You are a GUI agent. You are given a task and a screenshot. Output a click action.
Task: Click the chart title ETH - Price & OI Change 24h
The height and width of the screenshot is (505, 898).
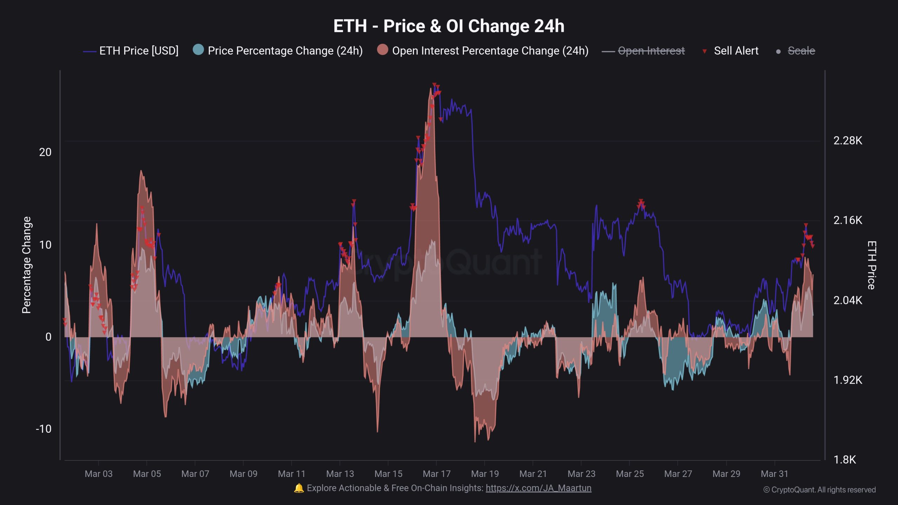coord(449,26)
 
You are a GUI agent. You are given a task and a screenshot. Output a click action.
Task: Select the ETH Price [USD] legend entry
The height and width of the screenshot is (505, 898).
coord(139,51)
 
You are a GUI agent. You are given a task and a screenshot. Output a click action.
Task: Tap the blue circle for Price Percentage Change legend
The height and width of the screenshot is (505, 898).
coord(198,50)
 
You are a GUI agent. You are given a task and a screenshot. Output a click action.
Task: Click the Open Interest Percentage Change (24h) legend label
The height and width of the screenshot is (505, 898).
coord(490,51)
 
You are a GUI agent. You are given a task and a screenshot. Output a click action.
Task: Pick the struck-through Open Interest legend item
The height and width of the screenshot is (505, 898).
coord(651,51)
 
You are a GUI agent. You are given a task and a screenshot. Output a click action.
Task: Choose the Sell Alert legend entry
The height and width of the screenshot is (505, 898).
coord(736,51)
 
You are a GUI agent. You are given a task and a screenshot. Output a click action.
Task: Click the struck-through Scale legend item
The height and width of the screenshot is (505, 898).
coord(801,51)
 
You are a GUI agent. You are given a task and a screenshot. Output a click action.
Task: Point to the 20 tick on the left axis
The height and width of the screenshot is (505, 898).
coord(45,152)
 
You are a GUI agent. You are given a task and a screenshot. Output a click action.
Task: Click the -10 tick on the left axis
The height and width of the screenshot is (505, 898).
coord(43,429)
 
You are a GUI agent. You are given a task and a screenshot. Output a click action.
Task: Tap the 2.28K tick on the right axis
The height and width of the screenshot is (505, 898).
coord(847,141)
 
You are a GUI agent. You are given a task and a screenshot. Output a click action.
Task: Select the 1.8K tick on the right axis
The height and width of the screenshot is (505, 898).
coord(844,460)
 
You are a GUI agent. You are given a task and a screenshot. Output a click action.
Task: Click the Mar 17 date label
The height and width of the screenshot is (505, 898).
coord(436,474)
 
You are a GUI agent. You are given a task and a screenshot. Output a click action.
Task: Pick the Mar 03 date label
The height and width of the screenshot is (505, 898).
coord(99,474)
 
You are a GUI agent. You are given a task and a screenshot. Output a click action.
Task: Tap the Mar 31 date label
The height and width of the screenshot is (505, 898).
coord(774,474)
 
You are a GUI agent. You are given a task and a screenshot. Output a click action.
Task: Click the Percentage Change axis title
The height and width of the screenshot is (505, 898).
coord(27,265)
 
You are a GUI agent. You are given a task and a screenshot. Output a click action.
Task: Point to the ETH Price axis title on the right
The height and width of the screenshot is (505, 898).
coord(871,265)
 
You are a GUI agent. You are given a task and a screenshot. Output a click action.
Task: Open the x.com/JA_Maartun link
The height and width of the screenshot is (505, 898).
coord(538,488)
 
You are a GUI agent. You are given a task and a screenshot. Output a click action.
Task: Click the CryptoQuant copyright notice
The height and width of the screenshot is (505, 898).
coord(819,490)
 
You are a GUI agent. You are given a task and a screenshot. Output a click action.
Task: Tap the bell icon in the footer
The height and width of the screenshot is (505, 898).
coord(299,488)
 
